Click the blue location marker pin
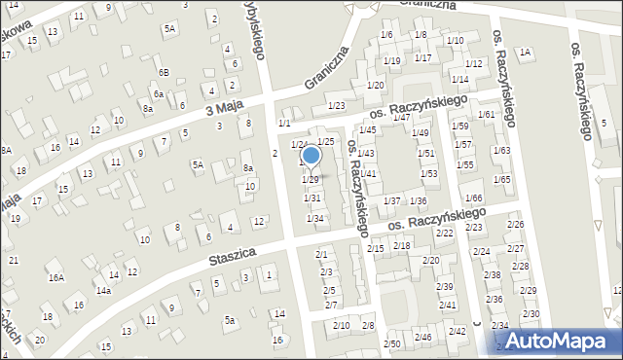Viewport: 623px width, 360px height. click(x=311, y=156)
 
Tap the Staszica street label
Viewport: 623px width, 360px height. click(x=232, y=258)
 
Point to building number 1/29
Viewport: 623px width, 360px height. click(x=311, y=180)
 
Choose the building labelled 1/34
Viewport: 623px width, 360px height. click(x=314, y=218)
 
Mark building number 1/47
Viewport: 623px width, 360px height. click(x=400, y=118)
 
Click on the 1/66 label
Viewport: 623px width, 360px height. click(x=473, y=198)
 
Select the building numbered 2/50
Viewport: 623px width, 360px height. click(x=391, y=344)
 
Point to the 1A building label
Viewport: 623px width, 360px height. click(x=526, y=52)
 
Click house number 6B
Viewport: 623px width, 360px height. click(x=165, y=73)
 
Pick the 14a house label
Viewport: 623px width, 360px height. click(x=103, y=291)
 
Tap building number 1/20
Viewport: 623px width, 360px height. click(x=376, y=87)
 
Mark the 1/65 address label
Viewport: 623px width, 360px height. click(x=502, y=179)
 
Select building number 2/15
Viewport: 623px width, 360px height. click(x=375, y=248)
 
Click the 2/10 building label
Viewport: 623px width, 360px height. click(x=342, y=325)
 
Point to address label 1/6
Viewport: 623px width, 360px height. click(x=386, y=35)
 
